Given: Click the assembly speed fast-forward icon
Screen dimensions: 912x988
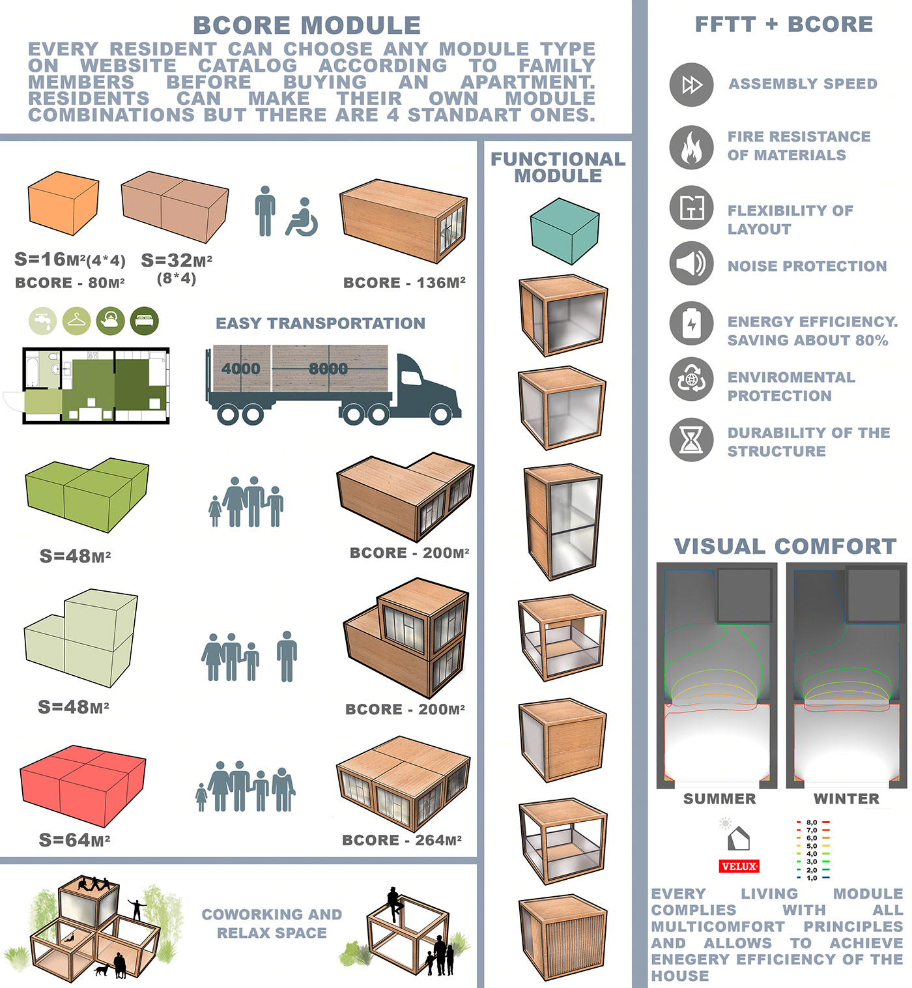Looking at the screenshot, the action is pos(691,85).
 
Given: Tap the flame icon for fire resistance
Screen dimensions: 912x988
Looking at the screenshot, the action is pos(691,147).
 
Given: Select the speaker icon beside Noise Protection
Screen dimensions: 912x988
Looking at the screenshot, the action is pos(691,263).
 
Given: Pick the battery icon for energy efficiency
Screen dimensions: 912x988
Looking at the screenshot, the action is pos(691,323).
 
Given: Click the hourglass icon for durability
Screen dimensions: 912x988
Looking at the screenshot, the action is pos(691,440).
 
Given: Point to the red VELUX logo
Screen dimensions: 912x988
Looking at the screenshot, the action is pos(739,866).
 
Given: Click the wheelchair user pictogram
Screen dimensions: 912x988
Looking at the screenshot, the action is pos(302,217).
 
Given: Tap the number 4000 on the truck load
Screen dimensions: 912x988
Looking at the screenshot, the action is pos(240,369).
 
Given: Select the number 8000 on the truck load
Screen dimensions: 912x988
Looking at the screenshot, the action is pos(328,369).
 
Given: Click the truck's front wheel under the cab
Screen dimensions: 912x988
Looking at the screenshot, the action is pos(440,414).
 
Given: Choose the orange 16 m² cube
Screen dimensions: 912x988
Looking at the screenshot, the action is pos(63,203).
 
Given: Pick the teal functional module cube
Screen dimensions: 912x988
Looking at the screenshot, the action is pos(564,231).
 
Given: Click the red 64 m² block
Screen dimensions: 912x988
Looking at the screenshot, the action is pos(83,785).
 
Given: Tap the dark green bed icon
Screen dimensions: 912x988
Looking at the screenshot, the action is pos(144,321).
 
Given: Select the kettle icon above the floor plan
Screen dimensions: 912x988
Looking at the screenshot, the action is pos(110,321).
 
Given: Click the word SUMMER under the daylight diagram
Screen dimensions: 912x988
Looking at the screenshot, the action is pos(719,798).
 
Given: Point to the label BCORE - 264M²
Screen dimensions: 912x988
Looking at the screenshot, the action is pos(402,840).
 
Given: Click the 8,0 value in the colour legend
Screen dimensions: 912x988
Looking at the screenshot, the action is pos(812,822).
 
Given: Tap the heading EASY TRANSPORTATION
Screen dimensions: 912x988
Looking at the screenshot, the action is pos(321,323).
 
